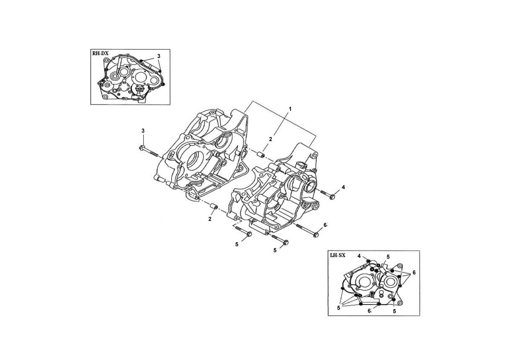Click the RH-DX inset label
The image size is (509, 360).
tap(100, 54)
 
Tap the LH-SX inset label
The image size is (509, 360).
tap(338, 255)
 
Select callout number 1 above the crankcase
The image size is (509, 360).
tap(290, 109)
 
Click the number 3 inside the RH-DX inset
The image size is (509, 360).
tap(159, 56)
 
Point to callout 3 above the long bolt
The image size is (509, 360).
tap(143, 131)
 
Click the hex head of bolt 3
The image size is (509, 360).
tap(141, 148)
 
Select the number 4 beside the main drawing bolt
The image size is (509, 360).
tap(343, 187)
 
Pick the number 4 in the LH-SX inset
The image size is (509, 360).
tap(359, 256)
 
